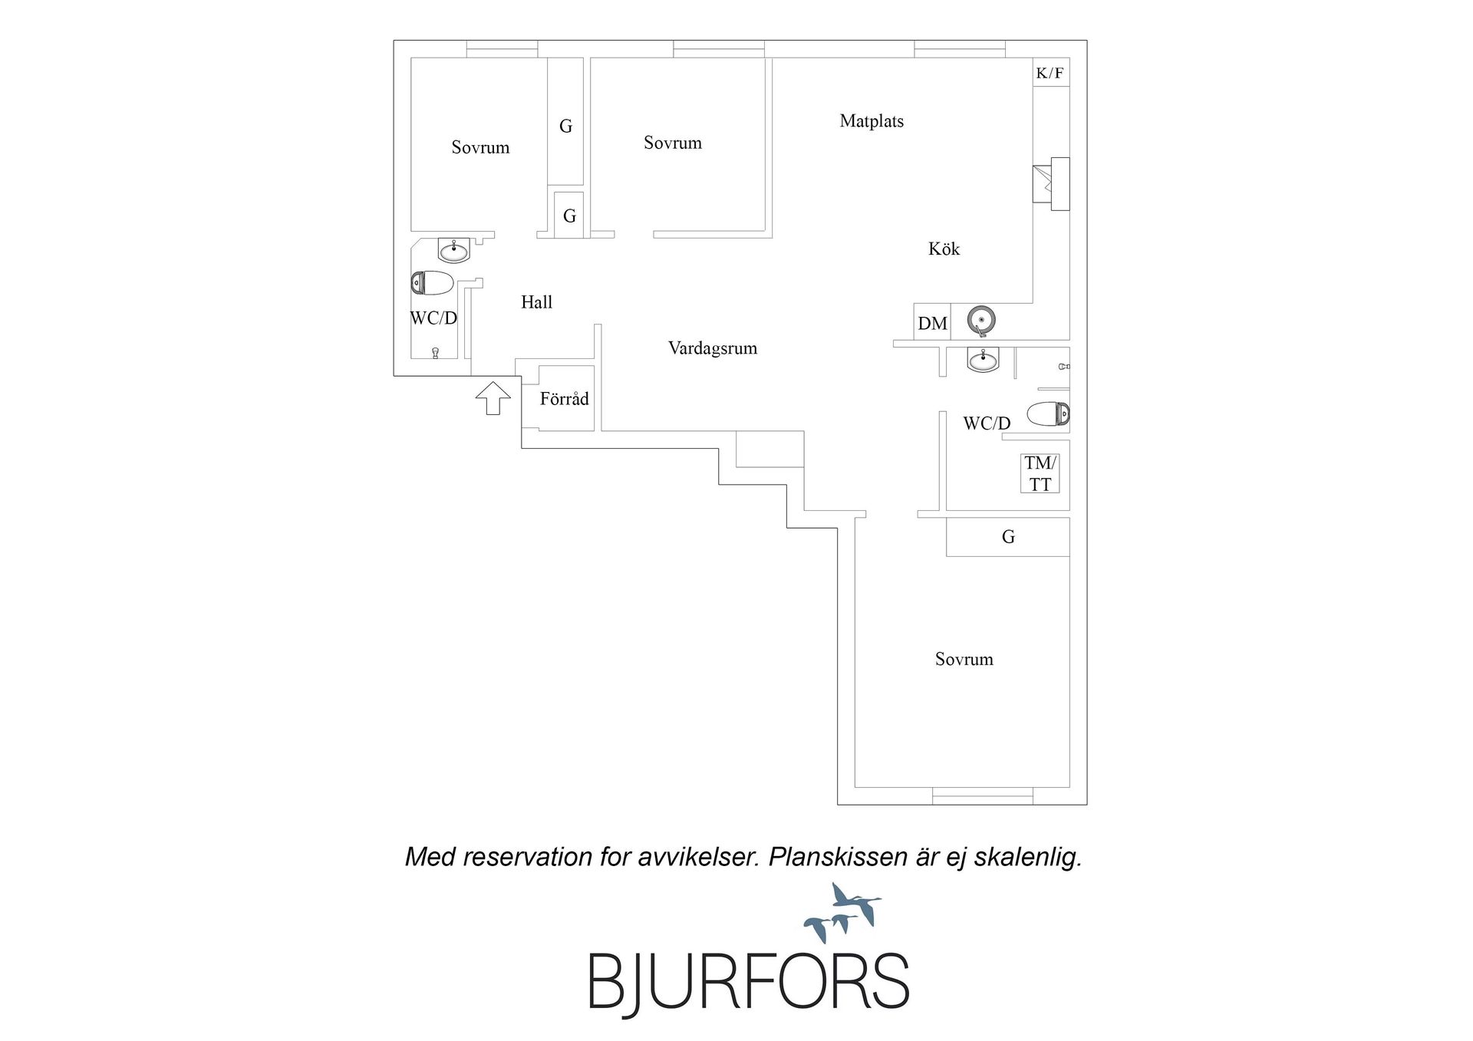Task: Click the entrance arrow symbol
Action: [x=493, y=398]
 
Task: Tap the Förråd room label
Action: [x=564, y=399]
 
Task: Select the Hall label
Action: [x=536, y=302]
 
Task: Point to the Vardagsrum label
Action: [x=713, y=349]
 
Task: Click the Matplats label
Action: [x=872, y=121]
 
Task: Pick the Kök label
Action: [x=944, y=249]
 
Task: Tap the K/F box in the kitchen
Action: [x=1050, y=73]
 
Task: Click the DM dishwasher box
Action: [x=932, y=322]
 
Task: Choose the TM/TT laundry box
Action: [x=1040, y=473]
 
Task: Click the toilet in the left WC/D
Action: [x=433, y=283]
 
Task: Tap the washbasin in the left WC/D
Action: [x=454, y=250]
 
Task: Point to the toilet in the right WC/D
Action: [x=1048, y=414]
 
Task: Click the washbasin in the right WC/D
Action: [x=983, y=359]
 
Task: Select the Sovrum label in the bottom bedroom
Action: [x=964, y=660]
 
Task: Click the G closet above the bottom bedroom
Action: [x=1007, y=537]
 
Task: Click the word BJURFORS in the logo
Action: [x=748, y=981]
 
